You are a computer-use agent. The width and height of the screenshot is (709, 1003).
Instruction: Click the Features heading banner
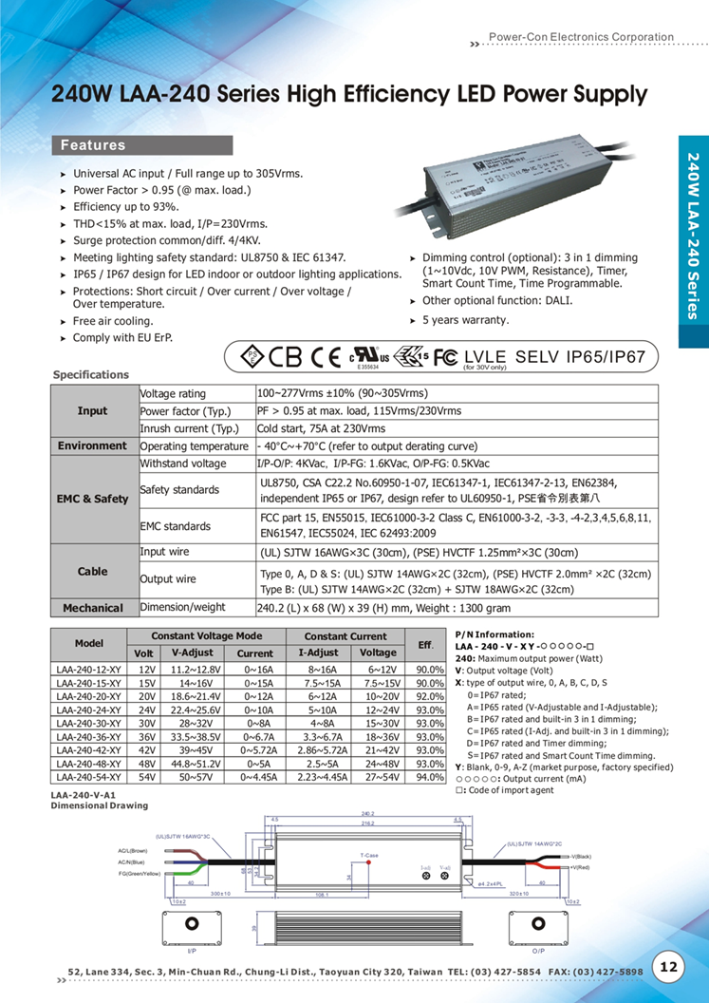[x=142, y=145]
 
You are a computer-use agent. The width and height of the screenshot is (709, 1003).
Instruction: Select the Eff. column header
[x=426, y=645]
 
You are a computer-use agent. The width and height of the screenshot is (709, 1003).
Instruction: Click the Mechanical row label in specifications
[x=93, y=608]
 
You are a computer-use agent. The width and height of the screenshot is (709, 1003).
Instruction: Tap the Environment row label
[x=93, y=445]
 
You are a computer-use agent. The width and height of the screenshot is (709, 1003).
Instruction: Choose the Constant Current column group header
[x=345, y=636]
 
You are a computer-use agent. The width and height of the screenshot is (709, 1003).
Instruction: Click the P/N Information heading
[x=494, y=634]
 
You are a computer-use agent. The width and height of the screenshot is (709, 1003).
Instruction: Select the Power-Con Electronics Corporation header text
[x=581, y=37]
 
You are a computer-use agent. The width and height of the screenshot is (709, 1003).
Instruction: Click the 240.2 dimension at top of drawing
[x=368, y=814]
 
